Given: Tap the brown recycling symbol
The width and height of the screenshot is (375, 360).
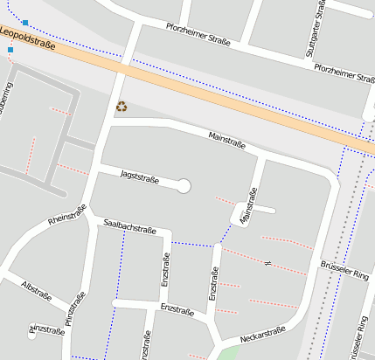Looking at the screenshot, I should click(x=122, y=107).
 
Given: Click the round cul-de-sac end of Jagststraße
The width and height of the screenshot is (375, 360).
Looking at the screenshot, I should click(x=184, y=185).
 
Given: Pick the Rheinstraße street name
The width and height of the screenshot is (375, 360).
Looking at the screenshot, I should click(x=66, y=215).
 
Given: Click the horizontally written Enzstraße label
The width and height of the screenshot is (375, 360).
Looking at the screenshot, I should click(x=177, y=309).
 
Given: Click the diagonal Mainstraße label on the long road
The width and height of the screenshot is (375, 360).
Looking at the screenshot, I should click(x=227, y=138).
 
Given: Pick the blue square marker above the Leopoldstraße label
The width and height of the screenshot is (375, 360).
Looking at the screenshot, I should click(x=25, y=23).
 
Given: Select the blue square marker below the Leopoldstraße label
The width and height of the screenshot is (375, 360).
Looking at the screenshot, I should click(x=10, y=50).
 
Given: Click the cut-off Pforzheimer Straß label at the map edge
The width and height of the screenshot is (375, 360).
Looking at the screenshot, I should click(x=344, y=73).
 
